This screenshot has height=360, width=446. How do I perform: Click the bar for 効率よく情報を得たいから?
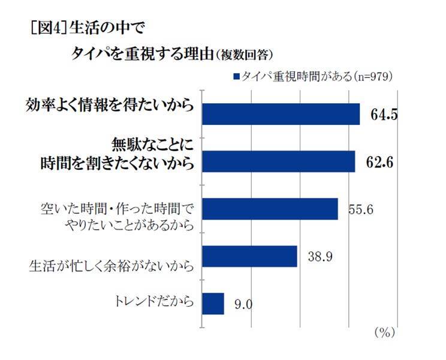coord(281,113)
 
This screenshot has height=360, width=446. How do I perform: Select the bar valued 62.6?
coord(279,161)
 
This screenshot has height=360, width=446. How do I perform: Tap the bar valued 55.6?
coord(270,209)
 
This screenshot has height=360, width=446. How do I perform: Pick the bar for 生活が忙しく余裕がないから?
coord(250,256)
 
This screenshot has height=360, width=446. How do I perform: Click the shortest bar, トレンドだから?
coord(213,303)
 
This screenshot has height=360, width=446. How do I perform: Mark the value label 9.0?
coord(243,305)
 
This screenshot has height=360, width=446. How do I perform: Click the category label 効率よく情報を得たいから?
coord(110,106)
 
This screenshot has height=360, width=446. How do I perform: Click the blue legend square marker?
coord(236,77)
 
